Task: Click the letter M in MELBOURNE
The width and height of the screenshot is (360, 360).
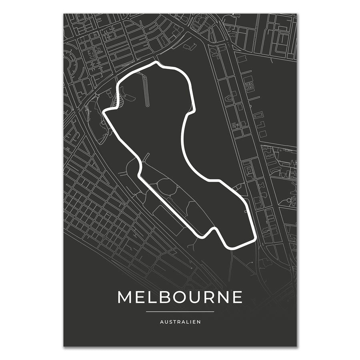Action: [x=125, y=297]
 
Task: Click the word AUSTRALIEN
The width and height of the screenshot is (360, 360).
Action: [x=180, y=321]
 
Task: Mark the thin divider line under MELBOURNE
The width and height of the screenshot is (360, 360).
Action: [x=180, y=311]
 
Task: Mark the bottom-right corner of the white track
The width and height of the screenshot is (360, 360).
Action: [x=254, y=239]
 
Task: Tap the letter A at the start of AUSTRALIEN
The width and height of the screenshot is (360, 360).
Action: [x=162, y=321]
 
